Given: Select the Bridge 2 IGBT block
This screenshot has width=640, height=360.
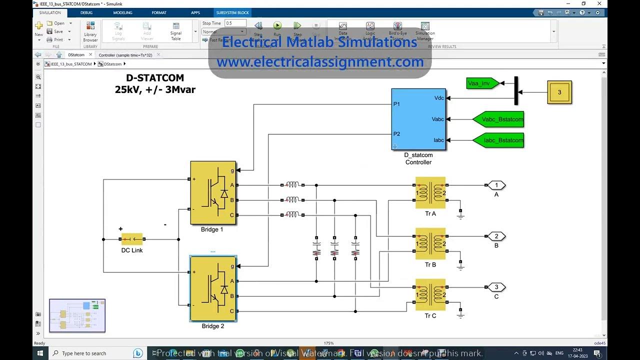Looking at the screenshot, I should click(213, 288).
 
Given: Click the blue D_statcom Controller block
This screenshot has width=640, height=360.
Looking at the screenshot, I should click(418, 119).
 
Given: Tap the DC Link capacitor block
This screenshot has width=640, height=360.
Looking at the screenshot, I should click(132, 239).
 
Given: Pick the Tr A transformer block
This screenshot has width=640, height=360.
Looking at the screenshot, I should click(430, 192).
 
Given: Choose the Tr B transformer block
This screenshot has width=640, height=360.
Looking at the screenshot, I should click(430, 243).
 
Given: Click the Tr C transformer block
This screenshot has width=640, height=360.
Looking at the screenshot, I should click(430, 294).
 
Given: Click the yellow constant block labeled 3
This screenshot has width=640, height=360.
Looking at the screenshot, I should click(559, 92).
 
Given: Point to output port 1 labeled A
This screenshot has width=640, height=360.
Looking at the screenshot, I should click(496, 185).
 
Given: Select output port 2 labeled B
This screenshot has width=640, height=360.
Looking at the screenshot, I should click(496, 236).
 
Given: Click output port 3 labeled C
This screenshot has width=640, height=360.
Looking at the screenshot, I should click(496, 287).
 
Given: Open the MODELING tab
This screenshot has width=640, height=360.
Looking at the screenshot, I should click(122, 12).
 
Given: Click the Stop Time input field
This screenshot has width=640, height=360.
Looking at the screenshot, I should click(235, 23).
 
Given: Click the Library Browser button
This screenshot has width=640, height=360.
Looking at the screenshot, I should click(90, 32).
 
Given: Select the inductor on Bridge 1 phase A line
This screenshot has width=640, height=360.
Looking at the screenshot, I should click(292, 185).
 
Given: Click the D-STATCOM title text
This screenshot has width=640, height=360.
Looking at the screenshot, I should click(155, 78).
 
